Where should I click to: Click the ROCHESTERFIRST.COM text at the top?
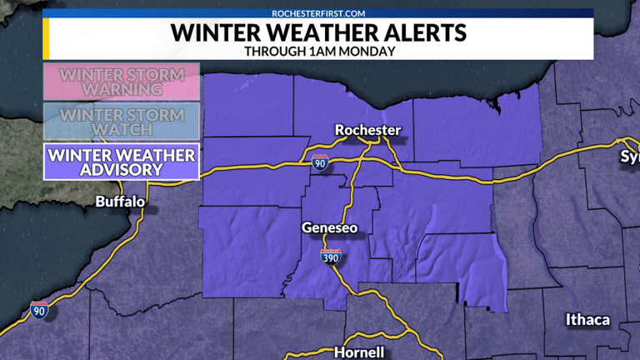pos(319,13)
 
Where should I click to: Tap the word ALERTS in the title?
pos(422,32)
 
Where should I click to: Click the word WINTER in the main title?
pos(212,32)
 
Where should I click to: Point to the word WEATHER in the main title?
pos(317,32)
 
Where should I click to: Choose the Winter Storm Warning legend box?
pos(121,82)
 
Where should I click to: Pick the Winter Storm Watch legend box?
pos(121,122)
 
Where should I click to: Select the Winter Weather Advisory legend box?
pos(121,162)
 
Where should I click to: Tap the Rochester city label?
pos(367,130)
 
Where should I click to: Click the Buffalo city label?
pos(120,202)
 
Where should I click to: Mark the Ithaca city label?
pos(587,319)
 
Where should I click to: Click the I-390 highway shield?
pos(331,258)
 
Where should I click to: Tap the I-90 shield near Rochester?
pos(321,162)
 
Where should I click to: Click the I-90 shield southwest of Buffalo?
pos(39,311)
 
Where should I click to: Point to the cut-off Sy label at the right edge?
pos(629,157)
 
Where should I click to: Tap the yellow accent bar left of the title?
pos(47,39)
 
